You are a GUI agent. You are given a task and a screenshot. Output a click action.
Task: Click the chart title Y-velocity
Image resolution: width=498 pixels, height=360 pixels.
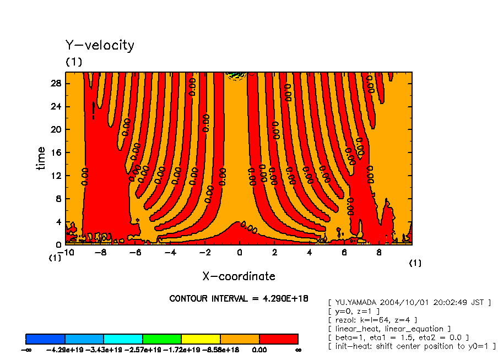pyautogui.click(x=100, y=45)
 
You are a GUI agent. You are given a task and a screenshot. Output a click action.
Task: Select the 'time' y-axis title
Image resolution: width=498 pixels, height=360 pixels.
pyautogui.click(x=41, y=159)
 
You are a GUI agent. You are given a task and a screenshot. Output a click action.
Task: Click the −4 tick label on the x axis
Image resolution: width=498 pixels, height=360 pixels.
pyautogui.click(x=170, y=253)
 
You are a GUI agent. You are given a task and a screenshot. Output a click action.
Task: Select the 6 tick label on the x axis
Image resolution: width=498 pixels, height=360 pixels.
pyautogui.click(x=344, y=253)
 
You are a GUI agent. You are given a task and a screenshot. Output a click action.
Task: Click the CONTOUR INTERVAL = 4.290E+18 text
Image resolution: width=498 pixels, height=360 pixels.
pyautogui.click(x=239, y=298)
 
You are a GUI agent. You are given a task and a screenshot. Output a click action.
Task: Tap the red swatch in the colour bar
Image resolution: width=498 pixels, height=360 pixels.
pyautogui.click(x=278, y=339)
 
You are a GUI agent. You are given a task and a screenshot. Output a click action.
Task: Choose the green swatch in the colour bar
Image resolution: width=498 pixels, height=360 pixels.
pyautogui.click(x=162, y=339)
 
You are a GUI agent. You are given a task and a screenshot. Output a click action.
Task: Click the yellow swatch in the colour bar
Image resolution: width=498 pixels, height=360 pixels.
pyautogui.click(x=201, y=339)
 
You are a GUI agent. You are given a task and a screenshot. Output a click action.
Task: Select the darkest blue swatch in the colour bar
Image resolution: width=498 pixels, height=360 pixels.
pyautogui.click(x=46, y=339)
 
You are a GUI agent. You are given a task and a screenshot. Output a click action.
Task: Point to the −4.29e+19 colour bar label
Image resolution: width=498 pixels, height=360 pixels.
pyautogui.click(x=64, y=350)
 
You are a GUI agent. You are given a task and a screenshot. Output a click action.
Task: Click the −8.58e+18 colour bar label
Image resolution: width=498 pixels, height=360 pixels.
pyautogui.click(x=220, y=350)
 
